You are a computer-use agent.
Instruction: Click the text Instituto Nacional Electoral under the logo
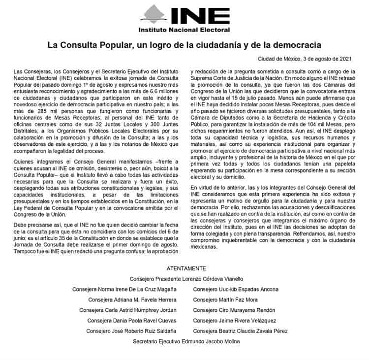[184, 32]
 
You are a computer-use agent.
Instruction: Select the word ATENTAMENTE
[185, 268]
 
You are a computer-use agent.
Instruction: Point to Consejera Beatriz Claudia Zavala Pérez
[244, 331]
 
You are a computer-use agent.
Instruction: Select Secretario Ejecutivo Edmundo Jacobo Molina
[186, 341]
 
